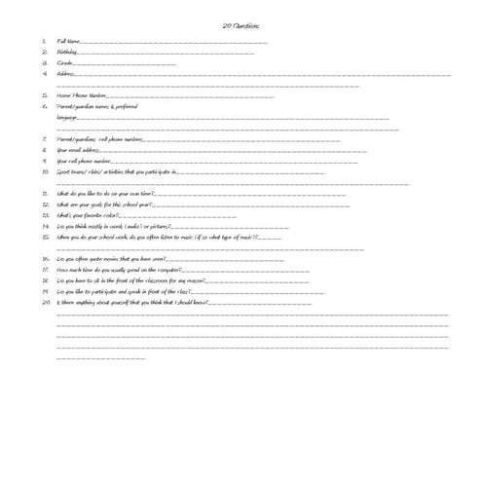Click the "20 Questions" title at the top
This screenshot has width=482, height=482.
pos(240,26)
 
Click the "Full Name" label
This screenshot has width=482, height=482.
pos(68,42)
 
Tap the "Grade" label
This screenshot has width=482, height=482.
pos(65,63)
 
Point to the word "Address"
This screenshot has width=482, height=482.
pos(65,74)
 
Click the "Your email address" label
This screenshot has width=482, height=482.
pos(78,150)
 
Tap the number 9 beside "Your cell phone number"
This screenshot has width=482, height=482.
pos(45,161)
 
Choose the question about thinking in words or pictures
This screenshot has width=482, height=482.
pos(113,226)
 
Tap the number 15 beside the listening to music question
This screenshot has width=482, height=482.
pos(45,237)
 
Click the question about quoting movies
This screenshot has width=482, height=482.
pos(111,259)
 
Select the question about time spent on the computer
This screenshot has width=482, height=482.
pos(118,270)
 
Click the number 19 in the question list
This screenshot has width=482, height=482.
pos(45,291)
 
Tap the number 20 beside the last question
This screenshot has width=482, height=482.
pos(45,302)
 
